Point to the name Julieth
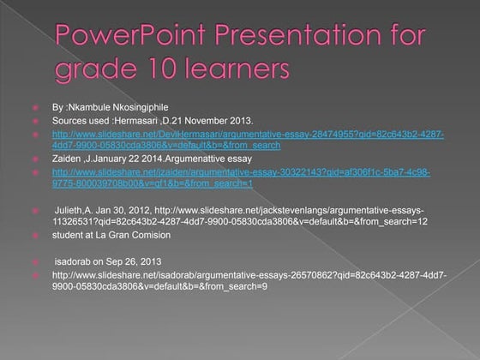coord(70,209)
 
